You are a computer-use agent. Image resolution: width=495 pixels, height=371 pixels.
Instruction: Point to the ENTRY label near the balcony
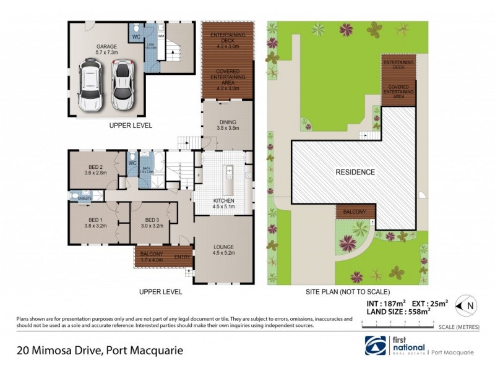(183, 257)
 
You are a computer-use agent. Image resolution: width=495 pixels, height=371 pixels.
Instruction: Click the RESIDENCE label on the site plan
(355, 172)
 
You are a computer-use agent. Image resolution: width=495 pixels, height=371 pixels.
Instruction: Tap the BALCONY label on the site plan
(355, 212)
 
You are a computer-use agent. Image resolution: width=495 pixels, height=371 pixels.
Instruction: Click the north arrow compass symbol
(466, 305)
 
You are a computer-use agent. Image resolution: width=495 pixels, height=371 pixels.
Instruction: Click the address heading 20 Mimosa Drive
(99, 351)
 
